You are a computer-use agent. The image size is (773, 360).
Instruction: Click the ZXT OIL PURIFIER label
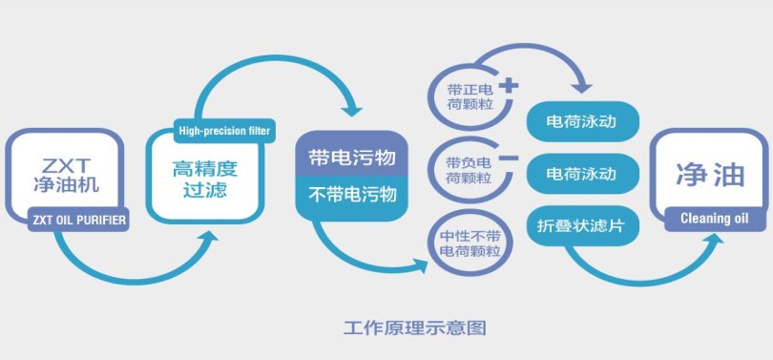78,220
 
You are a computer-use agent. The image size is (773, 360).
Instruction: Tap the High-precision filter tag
225,131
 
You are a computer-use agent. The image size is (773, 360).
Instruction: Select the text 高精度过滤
205,179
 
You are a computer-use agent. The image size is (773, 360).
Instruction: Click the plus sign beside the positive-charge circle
509,86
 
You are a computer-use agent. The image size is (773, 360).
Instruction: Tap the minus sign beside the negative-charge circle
509,159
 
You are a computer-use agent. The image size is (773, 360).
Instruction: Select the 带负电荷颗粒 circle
469,171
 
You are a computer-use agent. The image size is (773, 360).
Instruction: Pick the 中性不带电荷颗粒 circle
470,244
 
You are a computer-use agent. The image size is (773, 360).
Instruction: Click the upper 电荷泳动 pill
583,122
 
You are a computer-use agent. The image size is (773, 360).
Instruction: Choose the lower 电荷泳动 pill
583,174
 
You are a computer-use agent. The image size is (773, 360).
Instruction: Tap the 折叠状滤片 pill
583,226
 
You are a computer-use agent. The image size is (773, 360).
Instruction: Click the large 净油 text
710,175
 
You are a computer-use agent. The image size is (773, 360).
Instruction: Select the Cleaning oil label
715,219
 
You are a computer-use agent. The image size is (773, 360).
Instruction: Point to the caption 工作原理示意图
414,328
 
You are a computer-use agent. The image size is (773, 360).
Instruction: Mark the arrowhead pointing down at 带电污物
352,111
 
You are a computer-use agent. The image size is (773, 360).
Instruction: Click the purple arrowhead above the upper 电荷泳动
582,87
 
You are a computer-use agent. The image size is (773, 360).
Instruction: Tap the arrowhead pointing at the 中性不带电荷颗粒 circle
421,265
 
